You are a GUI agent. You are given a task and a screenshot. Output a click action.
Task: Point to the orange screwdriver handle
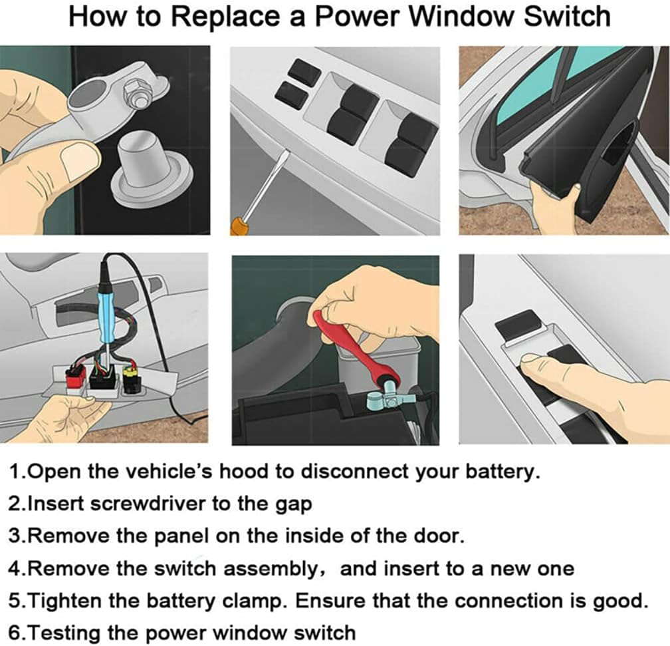[238, 226]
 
